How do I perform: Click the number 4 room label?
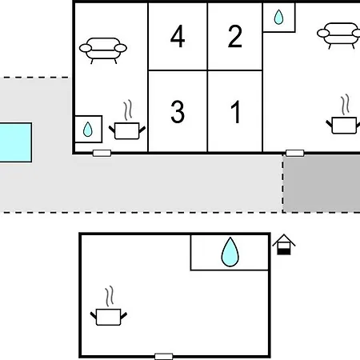pos(178,36)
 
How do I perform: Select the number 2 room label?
pos(235,36)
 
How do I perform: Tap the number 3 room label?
pos(178,112)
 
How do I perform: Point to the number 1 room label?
pos(236,112)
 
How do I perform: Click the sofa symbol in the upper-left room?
pos(103,50)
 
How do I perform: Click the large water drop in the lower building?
pos(230,252)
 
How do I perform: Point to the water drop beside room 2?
pos(278,17)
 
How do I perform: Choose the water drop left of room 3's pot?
pos(88,130)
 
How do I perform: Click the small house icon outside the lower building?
pos(284,245)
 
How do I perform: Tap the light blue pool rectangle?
pos(15,142)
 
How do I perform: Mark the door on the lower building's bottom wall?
pos(164,357)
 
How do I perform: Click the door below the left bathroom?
pos(102,153)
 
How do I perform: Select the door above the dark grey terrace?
pos(295,153)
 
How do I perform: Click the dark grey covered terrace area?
pos(322,184)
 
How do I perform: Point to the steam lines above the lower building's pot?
pos(110,296)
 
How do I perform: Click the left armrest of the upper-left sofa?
pos(86,48)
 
